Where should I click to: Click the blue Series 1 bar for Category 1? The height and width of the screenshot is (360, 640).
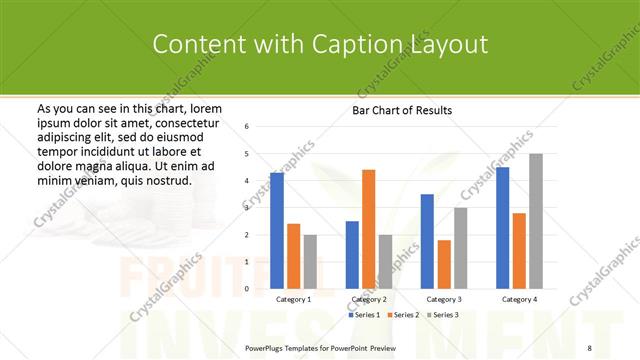point(277,231)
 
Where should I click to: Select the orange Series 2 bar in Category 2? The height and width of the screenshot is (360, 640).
point(368,229)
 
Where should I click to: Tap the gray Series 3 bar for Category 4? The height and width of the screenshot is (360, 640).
point(536,221)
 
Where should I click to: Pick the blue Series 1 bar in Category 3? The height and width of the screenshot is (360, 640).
point(427,241)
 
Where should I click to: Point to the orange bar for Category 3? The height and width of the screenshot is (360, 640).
point(444,264)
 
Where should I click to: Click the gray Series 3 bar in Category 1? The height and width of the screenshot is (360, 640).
point(310,262)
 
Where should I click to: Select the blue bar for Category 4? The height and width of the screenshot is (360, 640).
point(503,228)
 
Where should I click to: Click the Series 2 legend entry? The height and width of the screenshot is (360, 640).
point(403,315)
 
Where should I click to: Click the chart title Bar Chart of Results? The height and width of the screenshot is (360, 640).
point(403,109)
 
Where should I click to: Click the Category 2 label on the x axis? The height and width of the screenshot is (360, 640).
point(368,299)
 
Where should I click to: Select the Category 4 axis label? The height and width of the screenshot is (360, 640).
point(519,299)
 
